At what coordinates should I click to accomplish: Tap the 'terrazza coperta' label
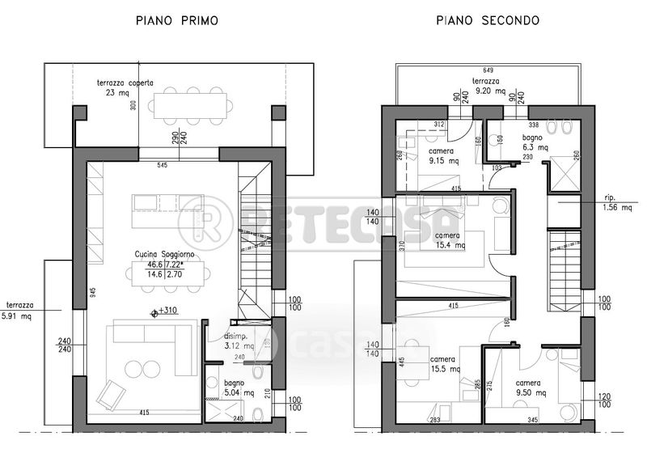pyautogui.click(x=125, y=83)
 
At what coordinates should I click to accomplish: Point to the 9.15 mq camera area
pyautogui.click(x=444, y=161)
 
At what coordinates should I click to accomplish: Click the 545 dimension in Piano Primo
pyautogui.click(x=184, y=167)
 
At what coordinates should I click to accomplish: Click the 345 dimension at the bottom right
pyautogui.click(x=533, y=421)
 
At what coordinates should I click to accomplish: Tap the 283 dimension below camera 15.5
pyautogui.click(x=435, y=421)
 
